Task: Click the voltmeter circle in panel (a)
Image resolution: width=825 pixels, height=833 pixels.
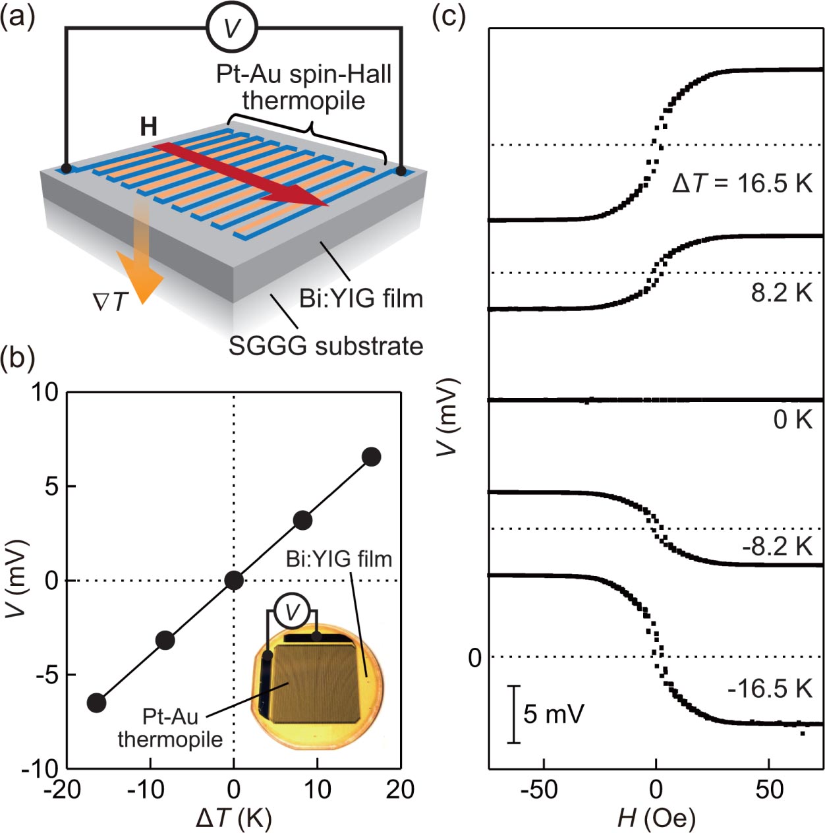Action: (231, 28)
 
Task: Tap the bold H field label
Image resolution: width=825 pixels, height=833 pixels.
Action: (149, 127)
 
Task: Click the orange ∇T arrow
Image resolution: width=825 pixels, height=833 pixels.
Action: (142, 264)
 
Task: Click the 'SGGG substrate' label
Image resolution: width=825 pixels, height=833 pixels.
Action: (326, 346)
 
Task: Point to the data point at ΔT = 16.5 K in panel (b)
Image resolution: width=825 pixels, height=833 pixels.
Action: (371, 457)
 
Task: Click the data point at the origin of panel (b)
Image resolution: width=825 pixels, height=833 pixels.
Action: (234, 580)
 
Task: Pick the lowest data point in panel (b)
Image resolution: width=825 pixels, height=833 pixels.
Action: (96, 703)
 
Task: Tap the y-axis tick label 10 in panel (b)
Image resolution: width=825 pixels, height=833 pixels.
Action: (44, 393)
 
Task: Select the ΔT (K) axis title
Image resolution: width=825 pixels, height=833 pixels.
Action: (234, 818)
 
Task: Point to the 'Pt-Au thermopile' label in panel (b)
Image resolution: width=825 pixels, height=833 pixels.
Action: (170, 728)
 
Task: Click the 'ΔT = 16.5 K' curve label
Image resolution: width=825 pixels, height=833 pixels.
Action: (742, 183)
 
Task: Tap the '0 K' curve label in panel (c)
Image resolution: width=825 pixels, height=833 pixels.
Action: (793, 419)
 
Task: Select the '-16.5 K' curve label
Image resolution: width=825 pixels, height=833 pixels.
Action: (770, 689)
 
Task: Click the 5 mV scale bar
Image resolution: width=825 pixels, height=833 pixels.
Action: (514, 714)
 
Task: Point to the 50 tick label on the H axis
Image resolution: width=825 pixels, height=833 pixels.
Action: (769, 790)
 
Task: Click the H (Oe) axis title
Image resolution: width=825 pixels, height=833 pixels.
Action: (656, 818)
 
